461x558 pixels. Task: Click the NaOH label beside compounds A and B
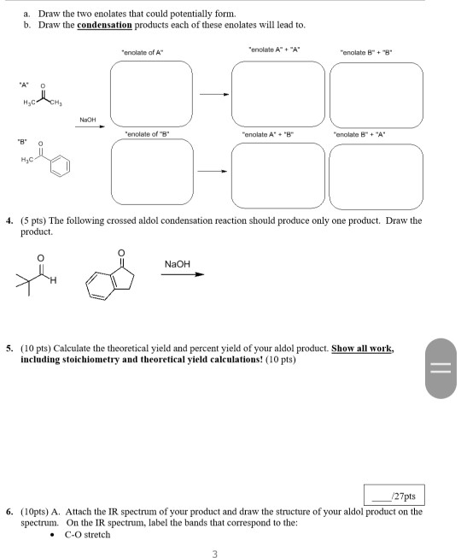pyautogui.click(x=88, y=120)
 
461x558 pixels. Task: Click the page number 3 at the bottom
pyautogui.click(x=214, y=552)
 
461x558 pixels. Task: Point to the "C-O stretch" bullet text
pyautogui.click(x=85, y=535)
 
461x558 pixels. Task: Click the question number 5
pyautogui.click(x=9, y=349)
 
